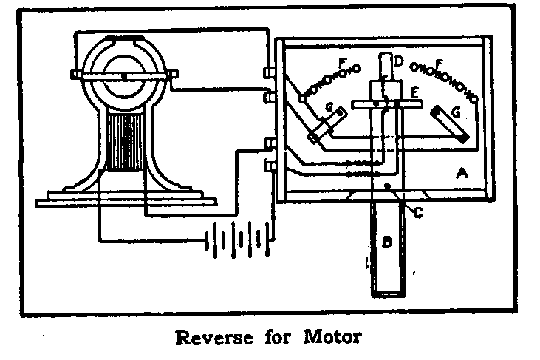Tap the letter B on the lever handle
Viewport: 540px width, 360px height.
386,242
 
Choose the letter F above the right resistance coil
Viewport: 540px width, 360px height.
439,64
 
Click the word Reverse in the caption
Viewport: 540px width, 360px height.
212,339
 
